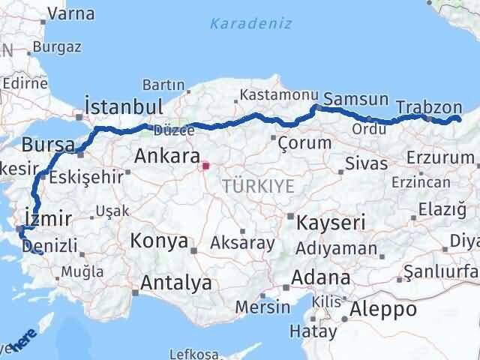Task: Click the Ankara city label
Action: pos(166,157)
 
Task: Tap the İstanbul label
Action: pos(124,106)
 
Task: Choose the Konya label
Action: pos(160,241)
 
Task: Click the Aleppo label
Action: pos(382,309)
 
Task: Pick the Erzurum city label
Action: pos(440,157)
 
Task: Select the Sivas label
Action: pos(367,163)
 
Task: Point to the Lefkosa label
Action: pos(193,353)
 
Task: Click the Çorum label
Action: pos(304,142)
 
